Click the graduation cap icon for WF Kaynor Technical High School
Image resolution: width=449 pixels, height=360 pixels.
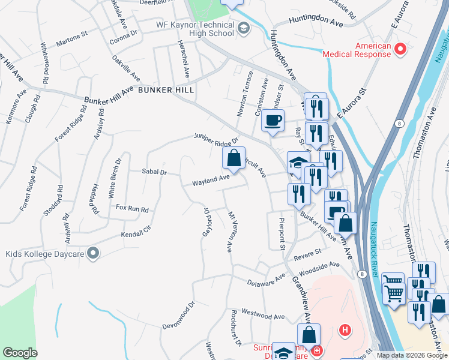[243, 28]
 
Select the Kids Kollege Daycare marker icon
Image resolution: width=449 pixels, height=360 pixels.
[92, 254]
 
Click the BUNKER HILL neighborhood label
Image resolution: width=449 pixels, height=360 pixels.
[165, 90]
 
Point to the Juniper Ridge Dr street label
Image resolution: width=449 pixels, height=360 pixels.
[217, 139]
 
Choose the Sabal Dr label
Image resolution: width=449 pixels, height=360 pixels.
[154, 172]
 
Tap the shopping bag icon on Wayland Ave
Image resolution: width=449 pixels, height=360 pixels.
[233, 158]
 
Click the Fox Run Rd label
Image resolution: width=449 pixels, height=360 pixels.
[131, 209]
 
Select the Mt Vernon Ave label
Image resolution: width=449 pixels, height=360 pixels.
[229, 230]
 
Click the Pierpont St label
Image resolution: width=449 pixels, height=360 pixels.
[281, 233]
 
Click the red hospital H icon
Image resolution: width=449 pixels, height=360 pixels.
[345, 329]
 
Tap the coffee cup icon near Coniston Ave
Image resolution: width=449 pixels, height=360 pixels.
[273, 121]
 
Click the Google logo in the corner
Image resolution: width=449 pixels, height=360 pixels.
[20, 353]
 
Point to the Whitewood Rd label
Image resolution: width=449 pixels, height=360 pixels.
[44, 62]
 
